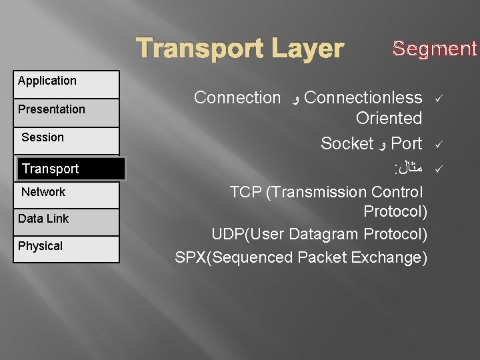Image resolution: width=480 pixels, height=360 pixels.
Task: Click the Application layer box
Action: point(66,84)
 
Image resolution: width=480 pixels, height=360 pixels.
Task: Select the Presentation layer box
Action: point(66,112)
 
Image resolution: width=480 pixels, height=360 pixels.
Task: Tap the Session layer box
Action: point(66,140)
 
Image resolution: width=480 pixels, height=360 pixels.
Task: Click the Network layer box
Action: point(66,195)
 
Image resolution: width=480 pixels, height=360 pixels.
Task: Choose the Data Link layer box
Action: point(66,221)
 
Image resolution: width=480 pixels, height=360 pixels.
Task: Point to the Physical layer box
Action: point(66,249)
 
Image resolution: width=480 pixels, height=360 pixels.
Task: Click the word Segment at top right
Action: point(435,49)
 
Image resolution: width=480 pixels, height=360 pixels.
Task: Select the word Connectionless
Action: point(363,98)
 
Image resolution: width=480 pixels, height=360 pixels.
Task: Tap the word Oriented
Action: point(389,119)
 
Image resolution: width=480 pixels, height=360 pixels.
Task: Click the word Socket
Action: point(347,143)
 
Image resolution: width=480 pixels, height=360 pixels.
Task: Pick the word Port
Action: point(407,143)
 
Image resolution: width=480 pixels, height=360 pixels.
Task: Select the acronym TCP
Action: point(245,193)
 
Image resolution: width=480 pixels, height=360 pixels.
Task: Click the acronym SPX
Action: point(191,257)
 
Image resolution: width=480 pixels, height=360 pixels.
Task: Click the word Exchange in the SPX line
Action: point(391,257)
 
